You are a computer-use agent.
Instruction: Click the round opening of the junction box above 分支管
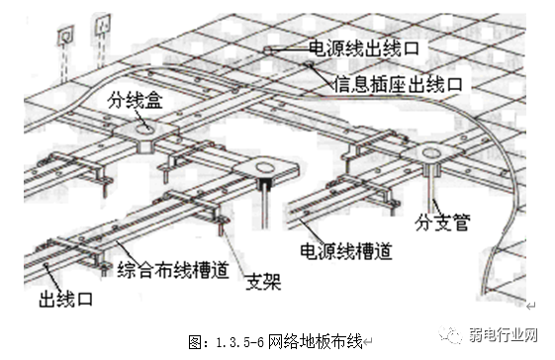point(431,152)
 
